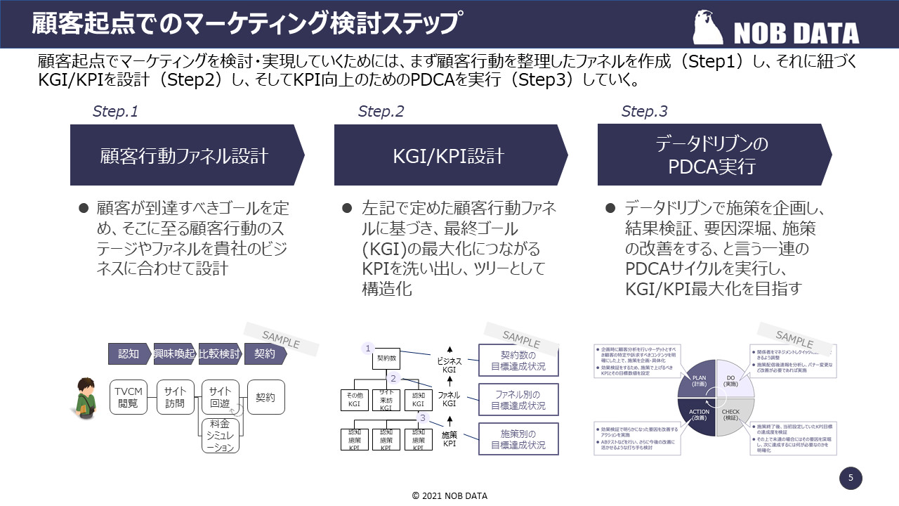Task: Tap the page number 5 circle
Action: pyautogui.click(x=851, y=479)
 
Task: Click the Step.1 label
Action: pyautogui.click(x=115, y=111)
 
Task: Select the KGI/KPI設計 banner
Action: pyautogui.click(x=450, y=155)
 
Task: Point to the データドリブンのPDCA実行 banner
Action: pyautogui.click(x=712, y=155)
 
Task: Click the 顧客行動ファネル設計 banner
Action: pyautogui.click(x=185, y=155)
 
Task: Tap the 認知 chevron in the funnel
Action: pyautogui.click(x=129, y=354)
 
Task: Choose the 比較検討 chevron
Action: pyautogui.click(x=220, y=354)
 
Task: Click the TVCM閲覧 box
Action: pyautogui.click(x=129, y=398)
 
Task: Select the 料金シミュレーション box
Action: pyautogui.click(x=220, y=435)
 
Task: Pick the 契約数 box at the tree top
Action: pyautogui.click(x=386, y=358)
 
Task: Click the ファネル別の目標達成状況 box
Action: pyautogui.click(x=518, y=399)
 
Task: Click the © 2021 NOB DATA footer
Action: pyautogui.click(x=449, y=495)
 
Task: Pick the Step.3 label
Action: pyautogui.click(x=644, y=111)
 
